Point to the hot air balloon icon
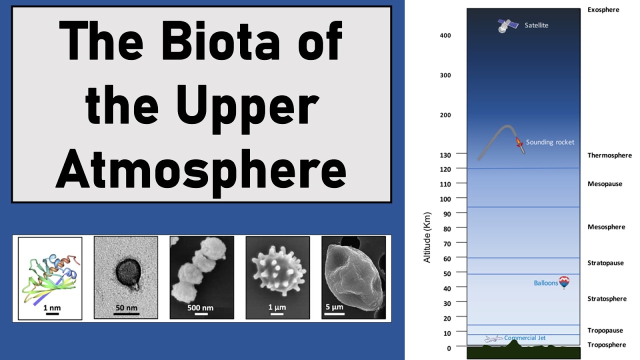pos(564,282)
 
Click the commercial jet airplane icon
pos(493,338)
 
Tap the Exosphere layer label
pos(603,9)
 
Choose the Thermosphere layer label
pos(609,155)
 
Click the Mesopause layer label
pos(605,183)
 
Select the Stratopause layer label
pos(605,262)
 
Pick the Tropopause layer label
pos(605,330)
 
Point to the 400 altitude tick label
pos(445,35)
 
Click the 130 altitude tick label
pos(445,154)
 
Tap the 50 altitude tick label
pos(447,273)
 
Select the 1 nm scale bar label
pos(52,307)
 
